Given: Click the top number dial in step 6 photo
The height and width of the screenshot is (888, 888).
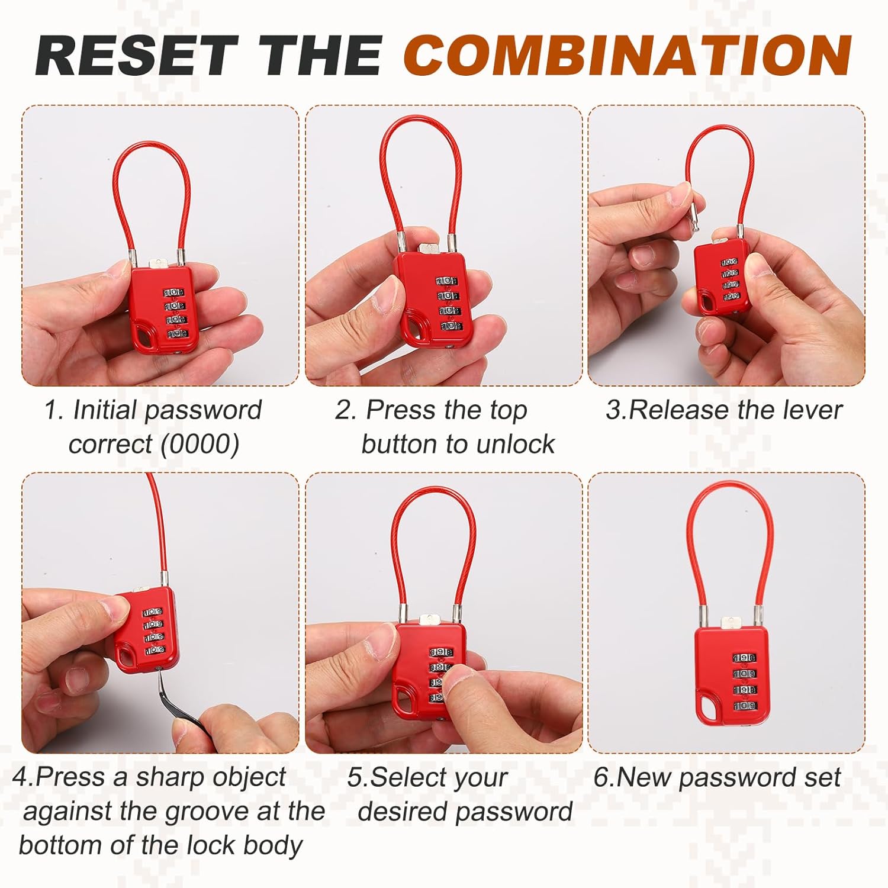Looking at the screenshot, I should tap(744, 658).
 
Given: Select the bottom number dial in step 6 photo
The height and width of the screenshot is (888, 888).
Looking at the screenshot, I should tap(744, 706).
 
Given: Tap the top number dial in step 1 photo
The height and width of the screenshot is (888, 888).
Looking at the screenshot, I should tap(173, 292).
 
